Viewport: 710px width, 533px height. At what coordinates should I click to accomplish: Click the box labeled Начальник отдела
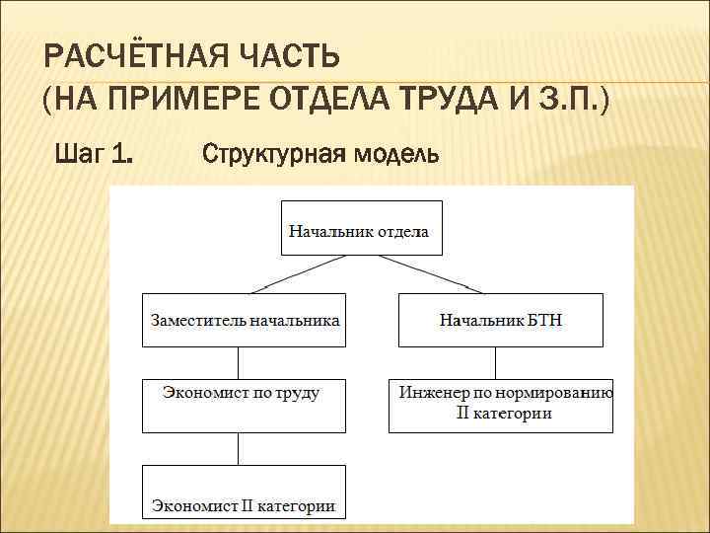(x=362, y=231)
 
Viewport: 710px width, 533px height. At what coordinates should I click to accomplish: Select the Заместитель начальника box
(x=245, y=320)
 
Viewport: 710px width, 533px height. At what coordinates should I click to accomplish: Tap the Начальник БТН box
(x=501, y=320)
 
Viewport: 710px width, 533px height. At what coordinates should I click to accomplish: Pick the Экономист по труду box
(x=241, y=405)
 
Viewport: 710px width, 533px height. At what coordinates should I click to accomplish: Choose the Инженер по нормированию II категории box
(x=501, y=405)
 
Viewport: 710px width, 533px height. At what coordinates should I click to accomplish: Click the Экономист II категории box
(x=244, y=493)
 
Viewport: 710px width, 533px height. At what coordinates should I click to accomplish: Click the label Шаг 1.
(x=95, y=154)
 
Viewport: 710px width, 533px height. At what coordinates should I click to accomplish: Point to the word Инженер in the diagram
(x=432, y=393)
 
